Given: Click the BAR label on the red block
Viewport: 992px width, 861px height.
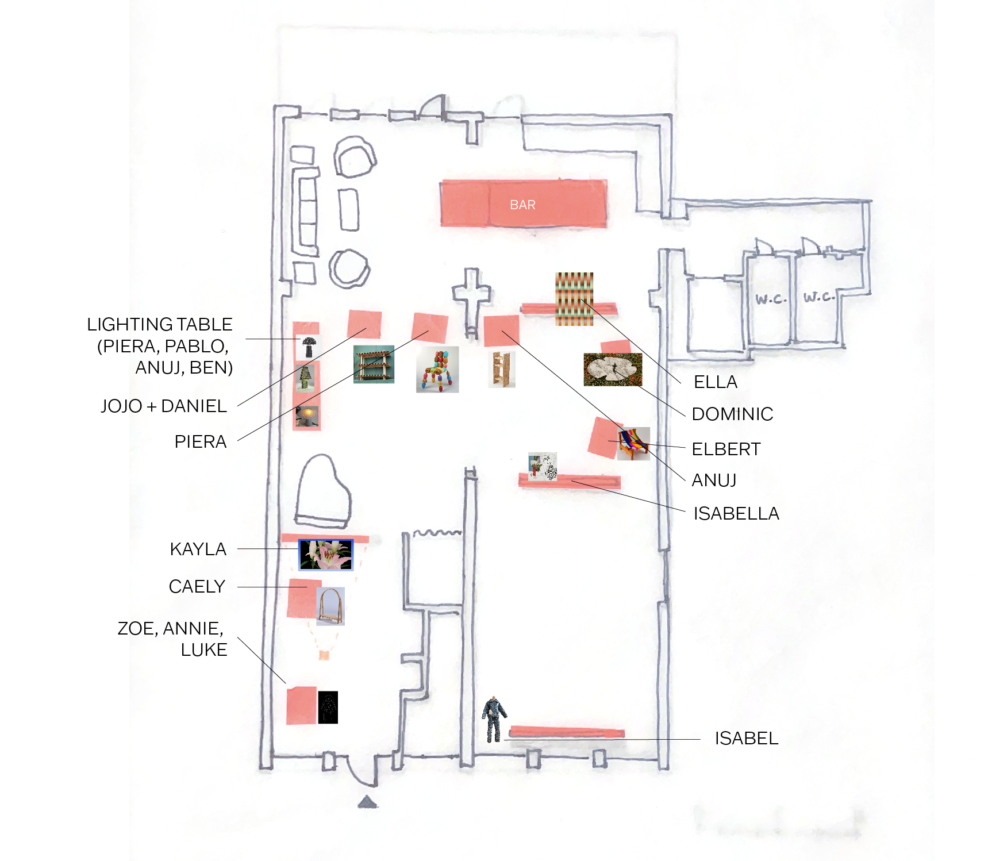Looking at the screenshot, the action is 522,205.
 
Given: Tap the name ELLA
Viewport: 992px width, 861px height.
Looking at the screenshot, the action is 715,382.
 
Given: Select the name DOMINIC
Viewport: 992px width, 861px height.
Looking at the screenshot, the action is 732,414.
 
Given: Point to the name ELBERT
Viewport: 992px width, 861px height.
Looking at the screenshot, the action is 726,449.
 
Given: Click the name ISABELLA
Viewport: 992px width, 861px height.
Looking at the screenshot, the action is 736,513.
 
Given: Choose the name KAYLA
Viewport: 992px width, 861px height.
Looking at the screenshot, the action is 198,549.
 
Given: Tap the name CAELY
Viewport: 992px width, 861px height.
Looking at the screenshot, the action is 197,586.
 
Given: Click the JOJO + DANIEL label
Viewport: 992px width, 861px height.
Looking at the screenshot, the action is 164,406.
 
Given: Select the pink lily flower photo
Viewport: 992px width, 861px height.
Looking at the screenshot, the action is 326,555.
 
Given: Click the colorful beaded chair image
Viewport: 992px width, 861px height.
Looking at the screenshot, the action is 437,370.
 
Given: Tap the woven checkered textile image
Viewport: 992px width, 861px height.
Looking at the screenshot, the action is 574,298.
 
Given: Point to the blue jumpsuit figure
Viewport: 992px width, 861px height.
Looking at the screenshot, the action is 494,718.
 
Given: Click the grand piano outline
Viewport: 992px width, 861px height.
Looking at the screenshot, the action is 322,491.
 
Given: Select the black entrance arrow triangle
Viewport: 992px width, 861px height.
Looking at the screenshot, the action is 367,802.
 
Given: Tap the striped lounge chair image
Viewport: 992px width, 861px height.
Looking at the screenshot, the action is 633,443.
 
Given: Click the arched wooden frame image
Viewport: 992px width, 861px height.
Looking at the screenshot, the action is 330,606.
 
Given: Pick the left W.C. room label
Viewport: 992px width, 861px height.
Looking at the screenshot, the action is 770,299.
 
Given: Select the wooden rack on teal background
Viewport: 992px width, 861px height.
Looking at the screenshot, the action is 374,364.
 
